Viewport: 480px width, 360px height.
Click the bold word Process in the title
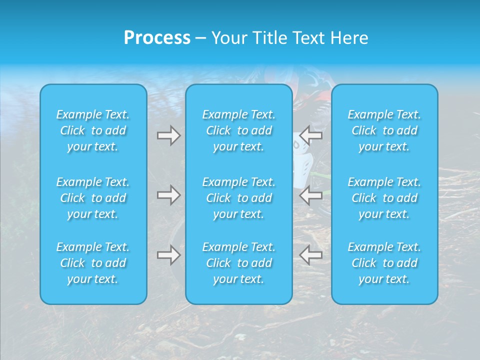pos(157,38)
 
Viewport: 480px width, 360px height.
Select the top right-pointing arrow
pos(168,135)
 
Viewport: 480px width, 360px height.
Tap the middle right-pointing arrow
pos(168,194)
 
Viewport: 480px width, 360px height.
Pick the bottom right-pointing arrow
pos(168,255)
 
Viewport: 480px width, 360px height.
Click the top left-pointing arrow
pos(311,135)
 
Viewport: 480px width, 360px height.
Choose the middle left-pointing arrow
pos(311,194)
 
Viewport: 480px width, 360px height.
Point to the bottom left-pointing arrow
pos(311,255)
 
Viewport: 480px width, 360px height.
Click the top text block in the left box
pos(93,130)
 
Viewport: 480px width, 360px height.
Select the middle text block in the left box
pos(93,198)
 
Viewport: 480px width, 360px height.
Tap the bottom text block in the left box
pos(93,263)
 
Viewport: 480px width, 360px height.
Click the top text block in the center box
pos(239,130)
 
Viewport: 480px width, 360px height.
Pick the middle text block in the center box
pos(239,198)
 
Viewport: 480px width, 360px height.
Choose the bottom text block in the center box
pos(239,263)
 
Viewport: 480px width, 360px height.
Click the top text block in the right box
pos(384,130)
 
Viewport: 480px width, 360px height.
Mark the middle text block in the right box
pos(384,198)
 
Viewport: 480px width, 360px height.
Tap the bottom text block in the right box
pos(384,263)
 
